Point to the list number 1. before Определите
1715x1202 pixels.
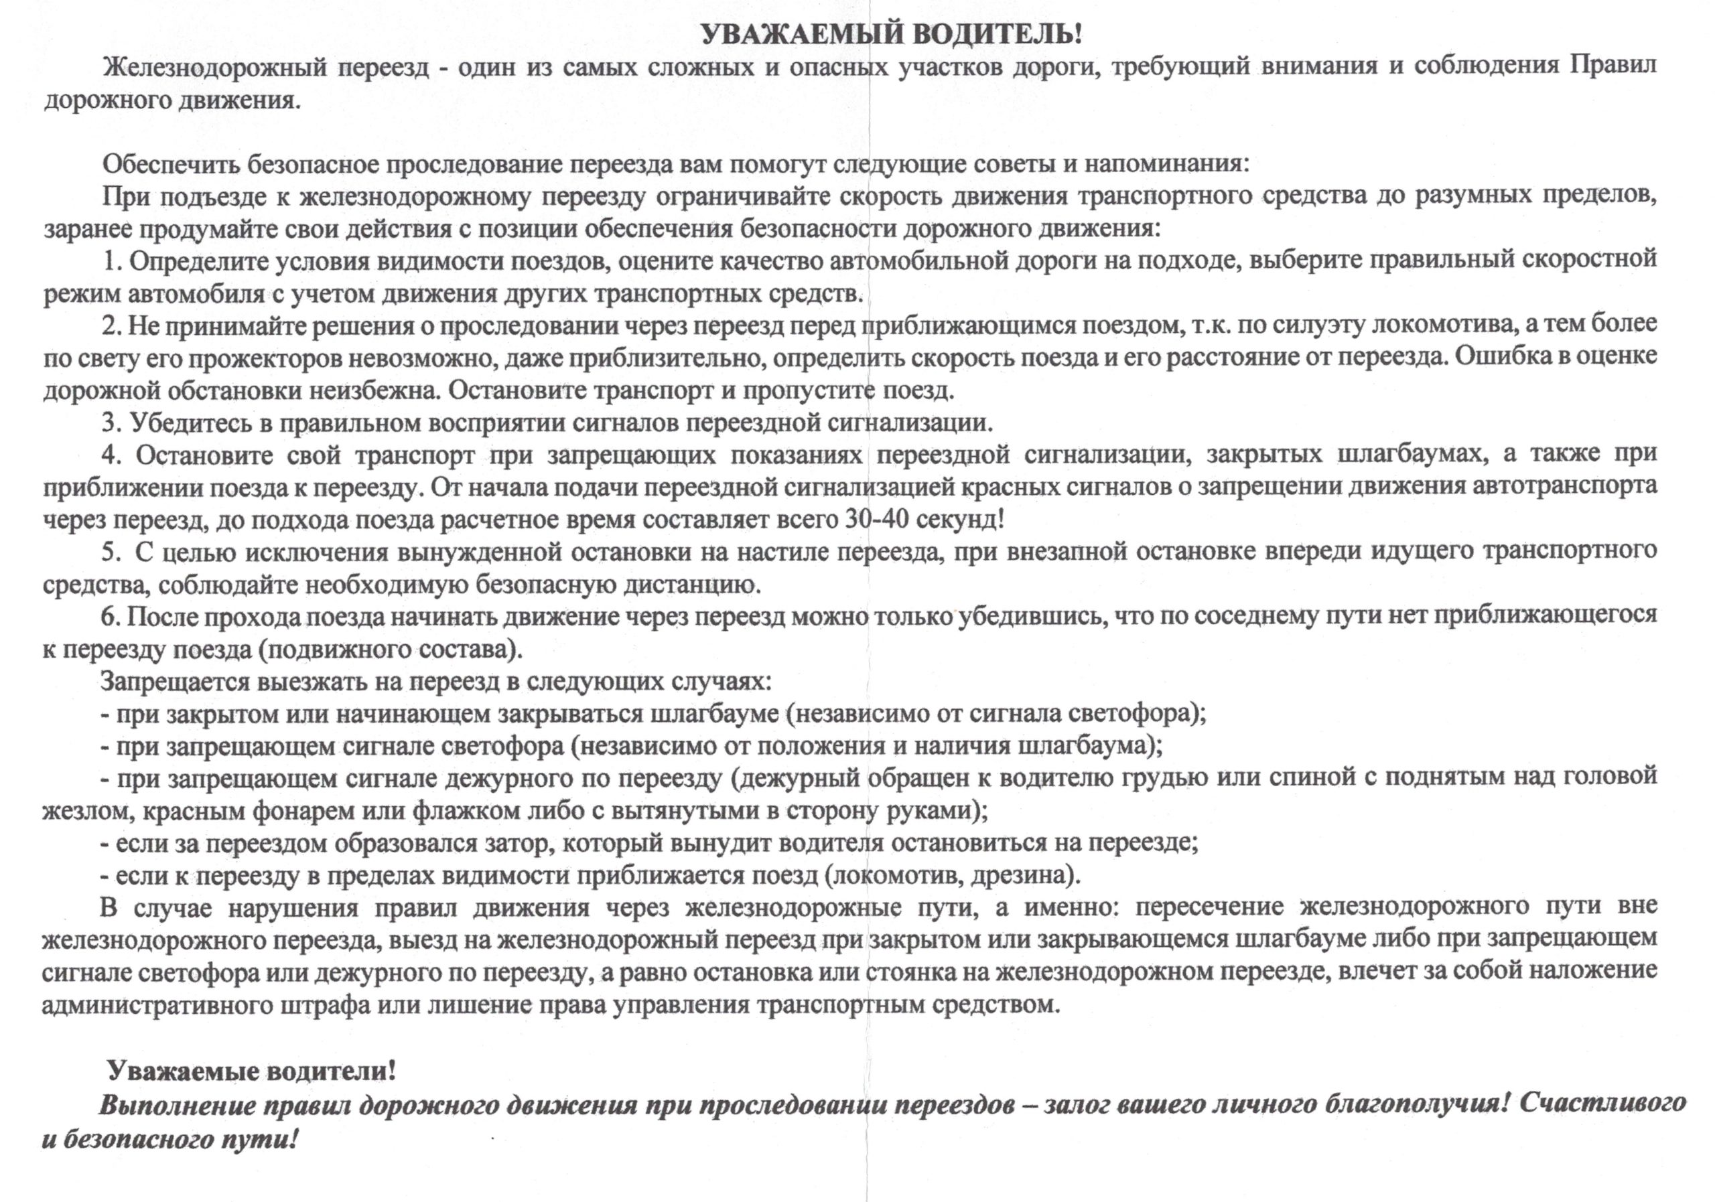click(x=112, y=260)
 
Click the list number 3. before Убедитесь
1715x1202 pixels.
click(x=112, y=423)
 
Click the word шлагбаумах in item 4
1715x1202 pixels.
click(x=1434, y=455)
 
